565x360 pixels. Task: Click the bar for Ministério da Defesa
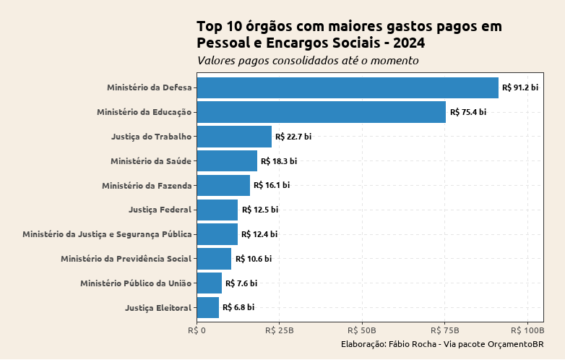click(x=348, y=87)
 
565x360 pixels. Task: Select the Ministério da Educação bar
click(x=321, y=112)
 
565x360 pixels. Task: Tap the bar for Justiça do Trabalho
click(x=234, y=137)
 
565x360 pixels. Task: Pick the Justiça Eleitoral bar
click(x=208, y=307)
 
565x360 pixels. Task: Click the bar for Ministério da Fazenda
click(x=223, y=185)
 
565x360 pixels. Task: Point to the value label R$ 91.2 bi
click(x=520, y=87)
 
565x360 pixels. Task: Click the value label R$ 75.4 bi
click(x=467, y=112)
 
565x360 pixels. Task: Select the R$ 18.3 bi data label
click(x=279, y=161)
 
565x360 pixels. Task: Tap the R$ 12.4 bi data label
click(x=259, y=234)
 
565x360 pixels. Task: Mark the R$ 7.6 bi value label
click(x=241, y=283)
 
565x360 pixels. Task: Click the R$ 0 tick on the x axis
click(x=197, y=330)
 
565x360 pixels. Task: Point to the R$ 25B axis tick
click(x=280, y=330)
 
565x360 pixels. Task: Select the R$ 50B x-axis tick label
click(x=362, y=330)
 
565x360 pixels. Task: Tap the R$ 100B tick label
click(x=527, y=330)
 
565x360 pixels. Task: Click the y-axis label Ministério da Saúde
click(x=151, y=161)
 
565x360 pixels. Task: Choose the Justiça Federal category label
click(x=160, y=210)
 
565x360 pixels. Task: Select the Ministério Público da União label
click(x=136, y=283)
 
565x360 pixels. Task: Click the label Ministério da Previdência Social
click(x=126, y=259)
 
